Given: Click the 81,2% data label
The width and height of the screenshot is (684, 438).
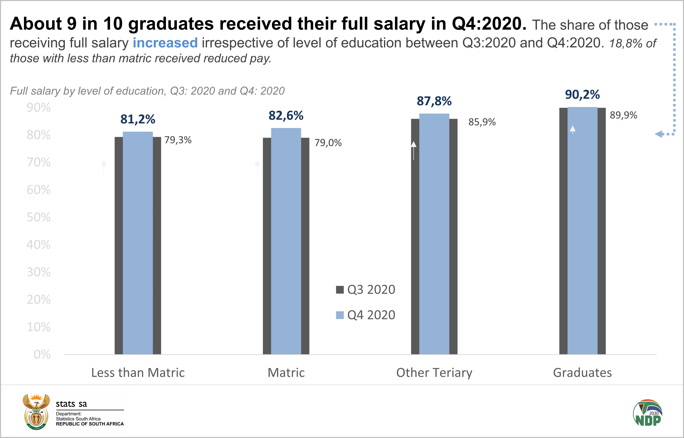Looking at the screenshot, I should click(x=138, y=119).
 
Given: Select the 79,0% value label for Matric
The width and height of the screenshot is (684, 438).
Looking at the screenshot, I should click(x=328, y=143).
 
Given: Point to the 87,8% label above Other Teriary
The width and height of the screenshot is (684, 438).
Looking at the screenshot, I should click(x=434, y=101).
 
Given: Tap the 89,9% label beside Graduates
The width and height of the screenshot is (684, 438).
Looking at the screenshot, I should click(x=623, y=115).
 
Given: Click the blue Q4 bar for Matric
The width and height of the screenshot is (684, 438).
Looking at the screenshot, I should click(x=286, y=242).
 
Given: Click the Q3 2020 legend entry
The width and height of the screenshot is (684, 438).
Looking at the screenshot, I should click(x=365, y=290).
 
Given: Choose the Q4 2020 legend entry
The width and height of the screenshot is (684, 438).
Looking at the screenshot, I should click(x=365, y=315).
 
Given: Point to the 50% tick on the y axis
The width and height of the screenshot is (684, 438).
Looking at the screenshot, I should click(x=39, y=217).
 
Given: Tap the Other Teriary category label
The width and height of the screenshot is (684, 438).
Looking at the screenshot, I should click(x=434, y=373).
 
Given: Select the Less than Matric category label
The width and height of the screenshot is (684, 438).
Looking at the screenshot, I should click(x=138, y=373).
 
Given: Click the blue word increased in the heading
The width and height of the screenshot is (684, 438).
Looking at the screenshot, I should click(x=165, y=43).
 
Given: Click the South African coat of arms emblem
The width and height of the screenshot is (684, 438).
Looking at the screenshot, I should click(x=36, y=412).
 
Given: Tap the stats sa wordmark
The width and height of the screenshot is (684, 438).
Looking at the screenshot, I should click(x=71, y=404).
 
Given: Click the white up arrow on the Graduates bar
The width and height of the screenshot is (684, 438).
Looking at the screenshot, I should click(x=573, y=130).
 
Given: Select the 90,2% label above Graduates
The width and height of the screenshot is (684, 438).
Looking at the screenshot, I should click(x=582, y=95).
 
